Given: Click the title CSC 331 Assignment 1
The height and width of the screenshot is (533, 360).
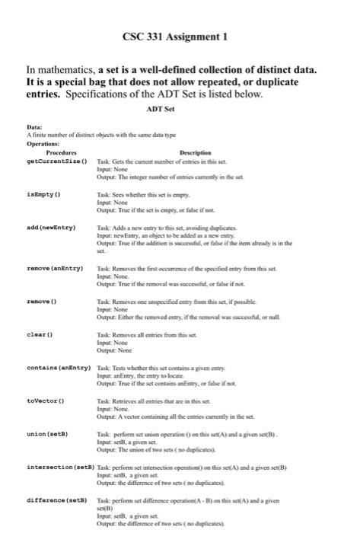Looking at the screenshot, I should click(x=180, y=36).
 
